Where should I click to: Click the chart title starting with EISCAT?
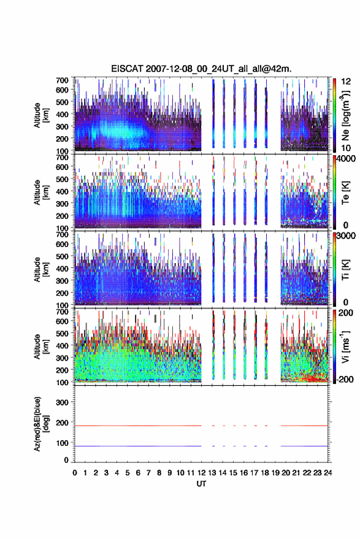tap(201, 69)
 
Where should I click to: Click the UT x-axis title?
tap(201, 484)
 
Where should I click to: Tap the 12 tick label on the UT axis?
tap(201, 473)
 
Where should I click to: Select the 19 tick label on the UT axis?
tap(275, 473)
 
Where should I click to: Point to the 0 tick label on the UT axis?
tap(75, 473)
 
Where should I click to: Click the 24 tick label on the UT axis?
tap(327, 473)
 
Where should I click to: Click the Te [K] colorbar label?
tap(345, 193)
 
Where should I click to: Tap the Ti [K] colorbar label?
tap(345, 270)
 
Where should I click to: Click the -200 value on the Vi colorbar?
tap(344, 379)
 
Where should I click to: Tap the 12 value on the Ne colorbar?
tap(346, 81)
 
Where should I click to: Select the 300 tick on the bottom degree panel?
tap(62, 402)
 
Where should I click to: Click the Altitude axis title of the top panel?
tap(41, 115)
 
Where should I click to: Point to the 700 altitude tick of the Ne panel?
tap(62, 80)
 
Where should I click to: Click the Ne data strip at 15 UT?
tap(234, 113)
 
